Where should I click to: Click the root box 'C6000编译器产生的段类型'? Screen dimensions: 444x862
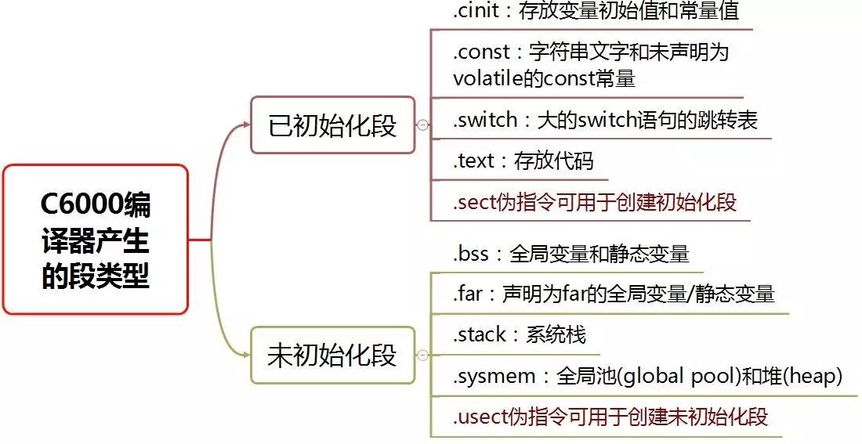pyautogui.click(x=96, y=240)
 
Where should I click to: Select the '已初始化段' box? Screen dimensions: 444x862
pyautogui.click(x=333, y=125)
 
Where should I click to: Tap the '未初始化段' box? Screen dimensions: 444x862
pyautogui.click(x=333, y=355)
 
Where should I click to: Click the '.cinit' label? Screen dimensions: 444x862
pyautogui.click(x=473, y=12)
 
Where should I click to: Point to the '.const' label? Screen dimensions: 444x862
pyautogui.click(x=477, y=53)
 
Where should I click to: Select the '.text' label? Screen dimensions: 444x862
pyautogui.click(x=473, y=161)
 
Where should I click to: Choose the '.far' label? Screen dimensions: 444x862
pyautogui.click(x=469, y=294)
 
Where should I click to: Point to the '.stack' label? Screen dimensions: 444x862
pyautogui.click(x=480, y=335)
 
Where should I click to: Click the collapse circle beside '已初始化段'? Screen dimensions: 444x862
pyautogui.click(x=423, y=125)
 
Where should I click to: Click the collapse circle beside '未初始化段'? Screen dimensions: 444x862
pyautogui.click(x=423, y=355)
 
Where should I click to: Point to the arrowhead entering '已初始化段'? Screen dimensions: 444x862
pyautogui.click(x=244, y=125)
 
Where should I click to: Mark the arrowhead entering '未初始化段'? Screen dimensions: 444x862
pyautogui.click(x=244, y=355)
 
